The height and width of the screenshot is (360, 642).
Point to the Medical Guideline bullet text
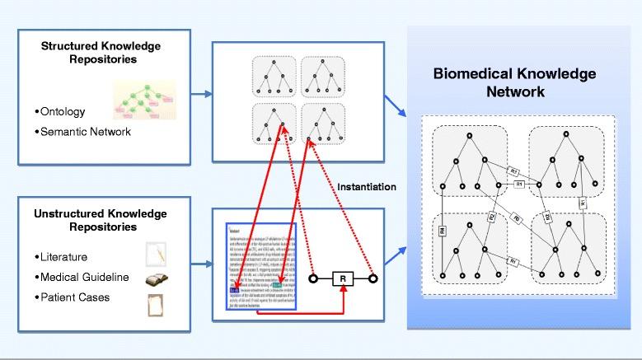point(82,278)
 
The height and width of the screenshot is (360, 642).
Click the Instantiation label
point(367,187)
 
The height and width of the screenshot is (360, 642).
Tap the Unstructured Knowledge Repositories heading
point(100,220)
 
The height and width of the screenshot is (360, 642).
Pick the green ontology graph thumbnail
point(144,101)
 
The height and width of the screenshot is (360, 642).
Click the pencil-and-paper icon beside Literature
point(156,254)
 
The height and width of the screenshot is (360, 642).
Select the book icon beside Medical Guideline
point(157,279)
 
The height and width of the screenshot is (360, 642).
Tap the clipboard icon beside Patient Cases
point(156,304)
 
